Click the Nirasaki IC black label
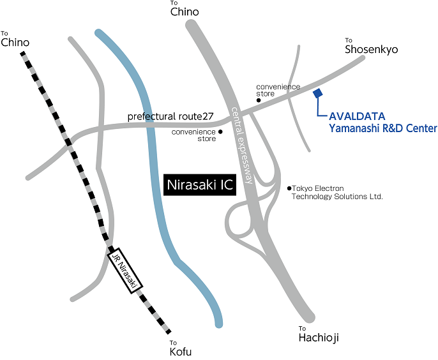tap(200, 184)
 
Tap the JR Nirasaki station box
tap(126, 269)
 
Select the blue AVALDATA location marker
tap(318, 93)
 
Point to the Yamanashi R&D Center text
tap(382, 128)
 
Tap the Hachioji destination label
tap(319, 338)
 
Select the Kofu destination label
tap(180, 352)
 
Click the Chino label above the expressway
tap(185, 12)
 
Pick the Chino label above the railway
tap(15, 43)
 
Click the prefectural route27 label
tap(170, 117)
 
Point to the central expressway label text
tap(243, 144)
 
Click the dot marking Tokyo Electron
tap(289, 188)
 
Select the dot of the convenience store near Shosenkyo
tap(259, 100)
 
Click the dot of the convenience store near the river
tap(220, 132)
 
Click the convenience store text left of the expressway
tap(193, 135)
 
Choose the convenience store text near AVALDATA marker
tap(278, 90)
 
